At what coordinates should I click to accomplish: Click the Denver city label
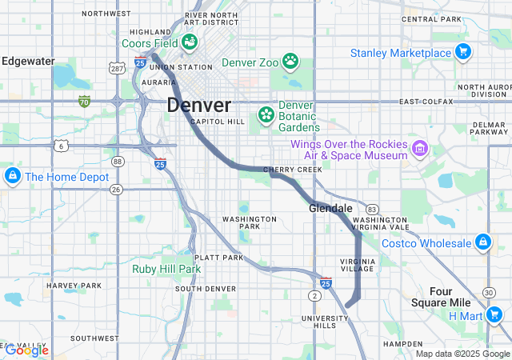click(x=199, y=105)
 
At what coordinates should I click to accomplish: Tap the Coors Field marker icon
click(x=190, y=42)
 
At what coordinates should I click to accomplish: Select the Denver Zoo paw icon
click(x=290, y=60)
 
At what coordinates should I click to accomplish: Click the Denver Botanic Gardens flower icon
click(x=265, y=116)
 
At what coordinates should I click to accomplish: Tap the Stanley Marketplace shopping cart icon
click(x=462, y=53)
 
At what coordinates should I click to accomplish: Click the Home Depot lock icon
click(x=12, y=176)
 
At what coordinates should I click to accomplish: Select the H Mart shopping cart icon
click(x=493, y=315)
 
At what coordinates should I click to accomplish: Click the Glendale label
click(x=330, y=208)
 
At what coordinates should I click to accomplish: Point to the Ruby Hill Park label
click(x=166, y=270)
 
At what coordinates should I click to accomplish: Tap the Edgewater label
click(x=28, y=61)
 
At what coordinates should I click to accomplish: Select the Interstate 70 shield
click(x=84, y=101)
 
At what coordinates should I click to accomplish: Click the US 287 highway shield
click(x=117, y=70)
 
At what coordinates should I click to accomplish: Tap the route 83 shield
click(x=372, y=208)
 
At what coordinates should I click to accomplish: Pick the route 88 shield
click(x=118, y=162)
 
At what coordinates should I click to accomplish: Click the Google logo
click(x=26, y=350)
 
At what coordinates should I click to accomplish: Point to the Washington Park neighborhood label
click(x=250, y=222)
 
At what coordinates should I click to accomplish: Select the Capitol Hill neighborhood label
click(x=218, y=122)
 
